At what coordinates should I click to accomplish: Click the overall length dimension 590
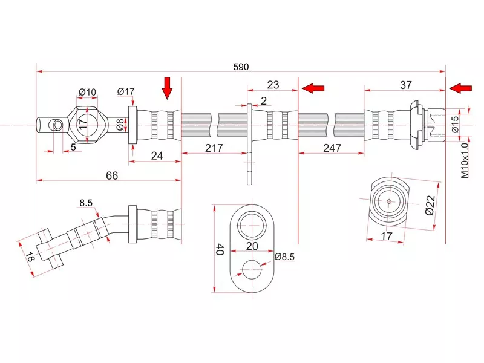pos(241,67)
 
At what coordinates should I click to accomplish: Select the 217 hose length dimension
pos(214,148)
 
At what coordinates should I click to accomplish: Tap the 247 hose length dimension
pos(331,148)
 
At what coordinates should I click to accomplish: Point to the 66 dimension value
pos(111,175)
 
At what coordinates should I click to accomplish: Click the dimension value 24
pos(157,155)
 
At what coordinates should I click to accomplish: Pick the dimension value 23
pos(273,85)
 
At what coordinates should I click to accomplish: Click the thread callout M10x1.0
pos(465,160)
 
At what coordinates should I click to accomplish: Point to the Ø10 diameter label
pos(87,92)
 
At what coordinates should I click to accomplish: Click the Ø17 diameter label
pos(126,92)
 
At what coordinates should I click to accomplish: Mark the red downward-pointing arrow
pos(168,88)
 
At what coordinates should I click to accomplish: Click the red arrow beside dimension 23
pos(313,88)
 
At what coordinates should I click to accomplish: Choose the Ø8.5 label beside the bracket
pos(284,257)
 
